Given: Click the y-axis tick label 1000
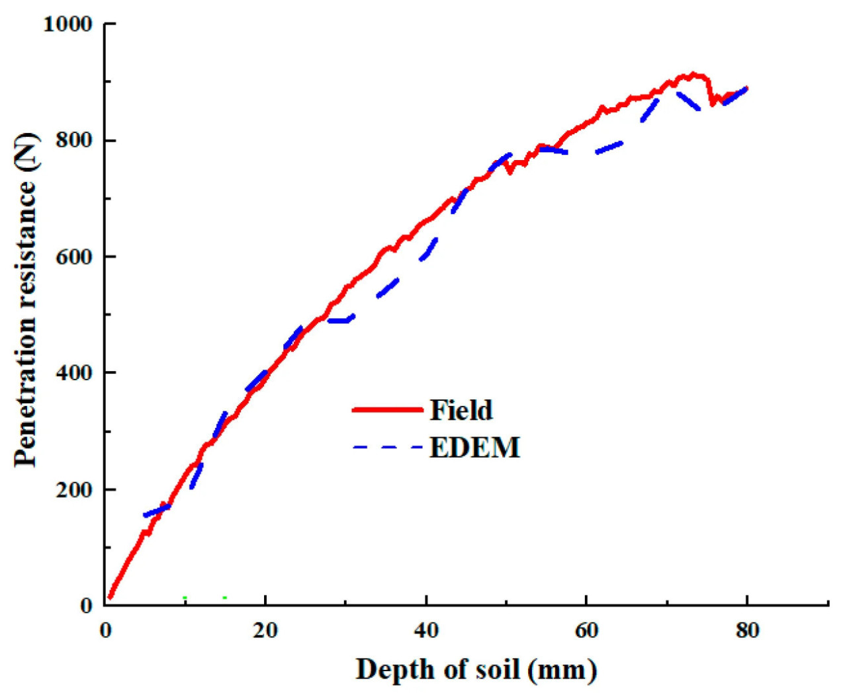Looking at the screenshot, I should (67, 24).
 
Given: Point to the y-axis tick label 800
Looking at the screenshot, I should (74, 141).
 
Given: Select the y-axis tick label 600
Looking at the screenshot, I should (74, 257).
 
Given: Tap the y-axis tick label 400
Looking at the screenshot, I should (74, 373).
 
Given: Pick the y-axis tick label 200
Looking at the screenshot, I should (74, 489).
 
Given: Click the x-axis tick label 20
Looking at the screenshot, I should (265, 631).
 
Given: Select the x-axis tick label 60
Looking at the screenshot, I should (586, 631).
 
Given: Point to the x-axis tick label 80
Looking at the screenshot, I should (747, 631).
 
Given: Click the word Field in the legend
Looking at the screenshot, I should (461, 410).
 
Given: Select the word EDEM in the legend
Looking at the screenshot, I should (474, 448).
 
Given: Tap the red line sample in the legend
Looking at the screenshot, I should (387, 410).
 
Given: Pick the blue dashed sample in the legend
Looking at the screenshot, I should (387, 448).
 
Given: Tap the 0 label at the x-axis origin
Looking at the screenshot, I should (106, 631).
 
